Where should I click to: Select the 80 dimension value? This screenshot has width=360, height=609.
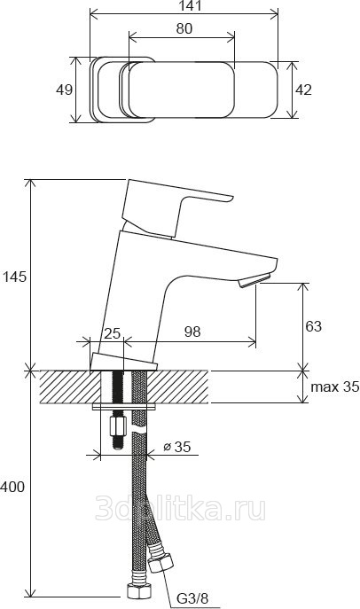[x=184, y=28]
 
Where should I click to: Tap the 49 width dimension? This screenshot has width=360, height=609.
[x=64, y=90]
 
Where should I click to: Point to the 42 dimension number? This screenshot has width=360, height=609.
[x=303, y=90]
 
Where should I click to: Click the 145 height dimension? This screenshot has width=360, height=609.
[x=14, y=277]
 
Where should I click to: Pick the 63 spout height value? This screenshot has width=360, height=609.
[x=313, y=326]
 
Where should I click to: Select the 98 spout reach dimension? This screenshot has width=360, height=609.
[x=192, y=332]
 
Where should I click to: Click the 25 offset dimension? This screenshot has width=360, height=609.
[x=113, y=333]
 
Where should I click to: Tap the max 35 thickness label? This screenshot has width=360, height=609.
[x=335, y=386]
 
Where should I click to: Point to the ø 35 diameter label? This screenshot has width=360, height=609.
[x=177, y=447]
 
